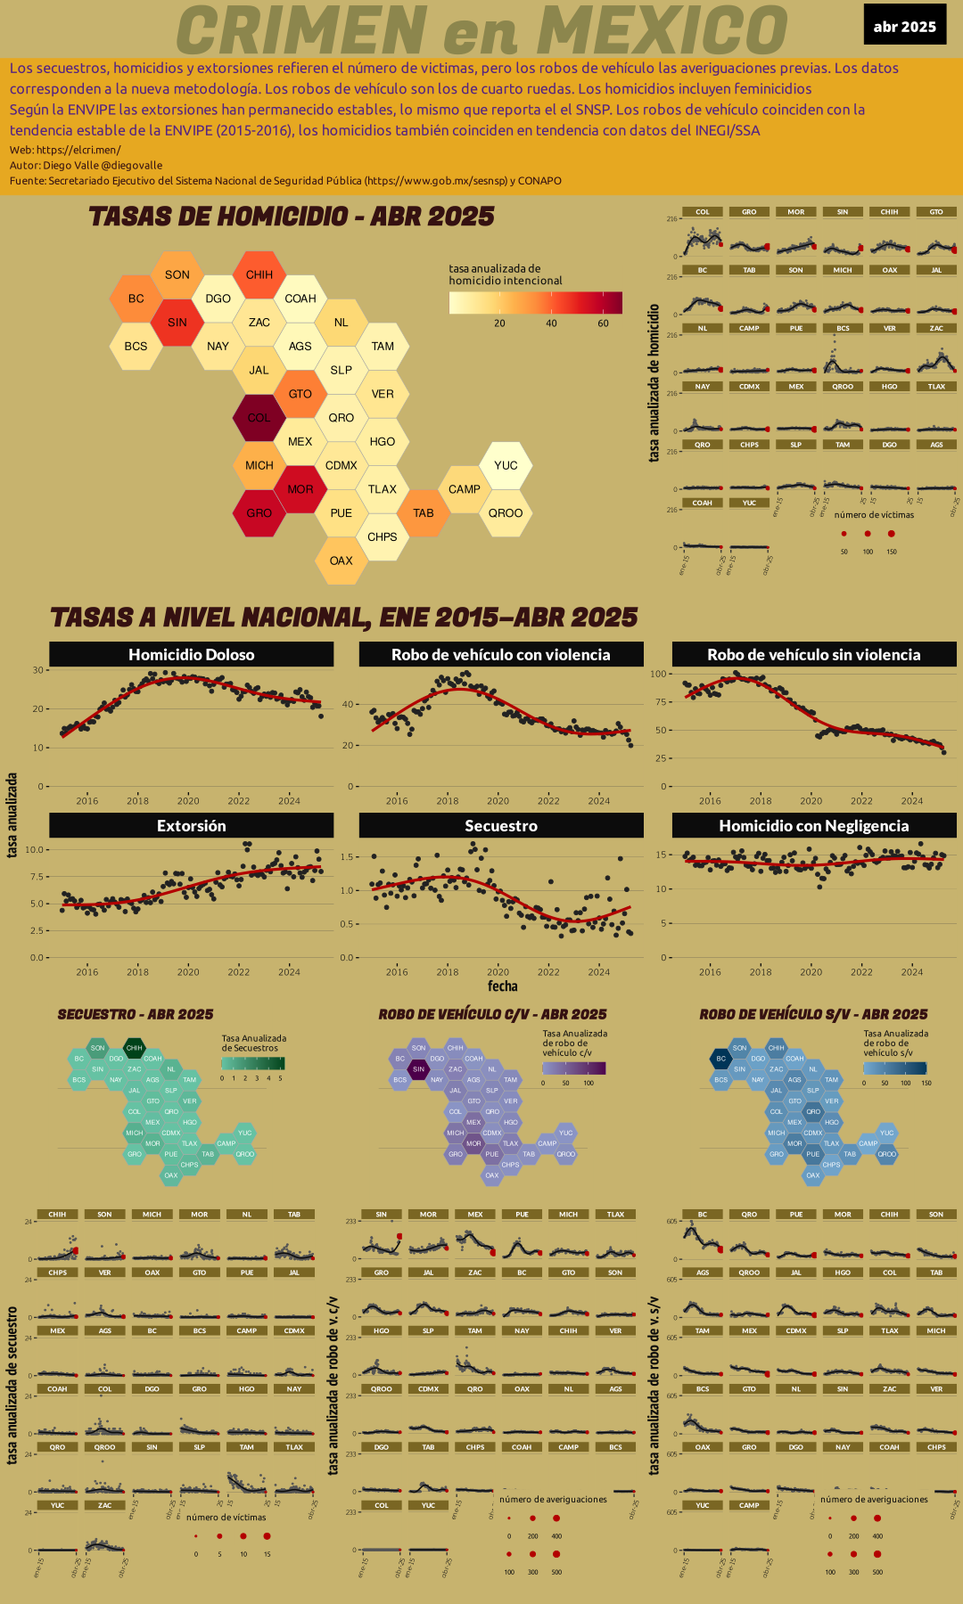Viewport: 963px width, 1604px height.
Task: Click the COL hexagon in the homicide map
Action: [259, 418]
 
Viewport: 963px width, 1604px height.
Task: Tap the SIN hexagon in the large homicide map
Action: [177, 323]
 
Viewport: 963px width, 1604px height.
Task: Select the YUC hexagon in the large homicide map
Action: [506, 465]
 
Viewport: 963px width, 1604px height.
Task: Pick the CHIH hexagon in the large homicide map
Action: [259, 274]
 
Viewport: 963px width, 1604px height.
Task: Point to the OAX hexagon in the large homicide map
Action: [341, 561]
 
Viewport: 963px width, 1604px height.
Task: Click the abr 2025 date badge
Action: [904, 27]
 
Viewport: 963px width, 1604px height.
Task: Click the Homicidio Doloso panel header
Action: [191, 655]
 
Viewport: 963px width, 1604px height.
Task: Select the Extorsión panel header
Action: [191, 826]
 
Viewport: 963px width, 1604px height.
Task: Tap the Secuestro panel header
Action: [501, 826]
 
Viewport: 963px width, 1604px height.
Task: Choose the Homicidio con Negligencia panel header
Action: [813, 826]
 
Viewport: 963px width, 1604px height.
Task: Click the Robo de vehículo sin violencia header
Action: [813, 655]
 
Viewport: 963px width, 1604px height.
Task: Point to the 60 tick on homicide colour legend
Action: [604, 323]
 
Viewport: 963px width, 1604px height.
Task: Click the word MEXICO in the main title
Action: [662, 30]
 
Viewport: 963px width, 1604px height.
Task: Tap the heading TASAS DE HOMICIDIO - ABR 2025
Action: [292, 217]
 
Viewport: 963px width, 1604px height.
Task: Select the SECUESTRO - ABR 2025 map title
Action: [136, 1014]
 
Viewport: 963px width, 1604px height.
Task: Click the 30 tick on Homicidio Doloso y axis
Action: [38, 670]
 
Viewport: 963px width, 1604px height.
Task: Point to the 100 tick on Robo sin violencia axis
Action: [658, 674]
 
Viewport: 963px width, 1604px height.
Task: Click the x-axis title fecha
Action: [502, 986]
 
